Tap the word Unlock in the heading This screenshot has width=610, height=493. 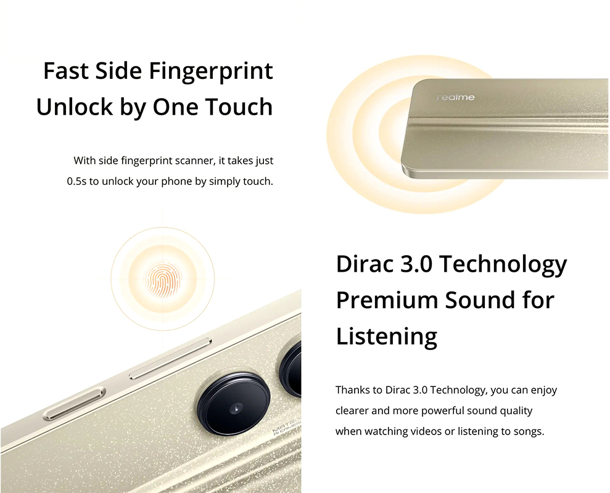74,107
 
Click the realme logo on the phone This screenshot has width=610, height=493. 456,97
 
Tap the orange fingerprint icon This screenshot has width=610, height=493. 163,279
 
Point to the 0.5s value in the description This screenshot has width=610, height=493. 76,182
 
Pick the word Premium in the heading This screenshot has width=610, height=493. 387,300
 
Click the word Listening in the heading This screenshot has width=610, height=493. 387,336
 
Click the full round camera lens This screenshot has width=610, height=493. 234,404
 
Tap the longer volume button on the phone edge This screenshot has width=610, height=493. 170,359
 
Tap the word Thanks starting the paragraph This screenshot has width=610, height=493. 353,390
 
